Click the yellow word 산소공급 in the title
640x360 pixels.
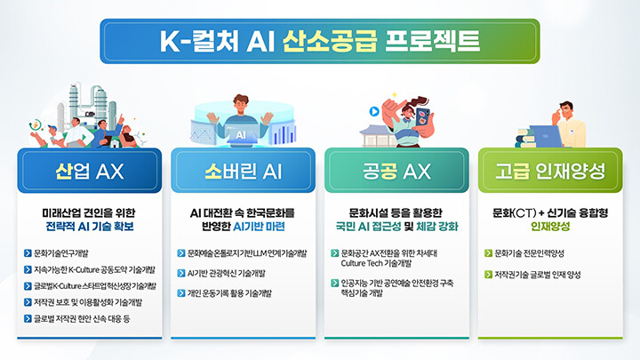(x=330, y=41)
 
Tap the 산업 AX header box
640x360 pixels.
(x=90, y=170)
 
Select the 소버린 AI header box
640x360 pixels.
(x=243, y=170)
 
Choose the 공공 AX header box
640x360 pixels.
(x=396, y=170)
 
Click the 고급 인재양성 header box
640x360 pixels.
(x=550, y=170)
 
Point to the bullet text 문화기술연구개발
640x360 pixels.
(x=60, y=253)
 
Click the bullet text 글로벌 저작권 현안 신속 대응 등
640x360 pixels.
(x=82, y=319)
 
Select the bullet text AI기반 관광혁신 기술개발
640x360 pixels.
(x=226, y=273)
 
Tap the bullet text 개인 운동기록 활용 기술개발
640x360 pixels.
(x=229, y=293)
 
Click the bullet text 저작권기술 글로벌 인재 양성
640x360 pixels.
(x=537, y=275)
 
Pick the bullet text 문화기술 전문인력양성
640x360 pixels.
(x=529, y=253)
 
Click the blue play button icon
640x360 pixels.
(x=374, y=111)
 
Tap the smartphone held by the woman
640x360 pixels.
(x=422, y=117)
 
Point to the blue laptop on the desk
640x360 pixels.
(x=546, y=136)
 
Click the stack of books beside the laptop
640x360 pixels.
(x=525, y=138)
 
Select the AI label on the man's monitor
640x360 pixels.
(x=241, y=135)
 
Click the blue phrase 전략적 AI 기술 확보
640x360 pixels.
(x=90, y=226)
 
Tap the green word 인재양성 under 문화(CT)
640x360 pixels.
(x=550, y=226)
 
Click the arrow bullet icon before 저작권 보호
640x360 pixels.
(x=28, y=302)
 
